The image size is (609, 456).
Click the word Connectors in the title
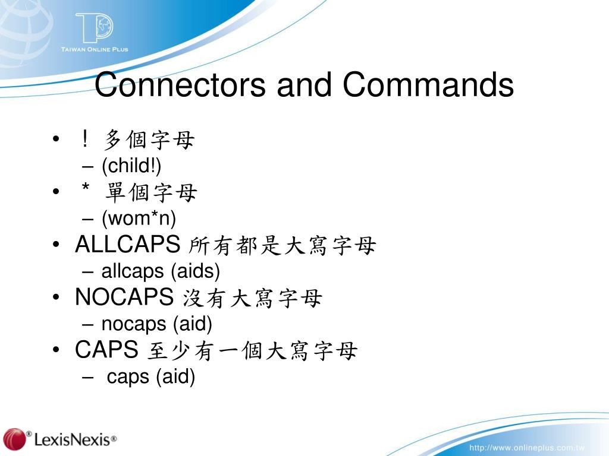pyautogui.click(x=180, y=85)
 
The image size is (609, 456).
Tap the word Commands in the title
pyautogui.click(x=428, y=85)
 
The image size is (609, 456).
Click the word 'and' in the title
pyautogui.click(x=303, y=85)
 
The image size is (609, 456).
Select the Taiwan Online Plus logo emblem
pyautogui.click(x=94, y=27)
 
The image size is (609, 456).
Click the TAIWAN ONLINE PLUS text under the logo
pyautogui.click(x=95, y=49)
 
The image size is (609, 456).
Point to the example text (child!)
pyautogui.click(x=131, y=167)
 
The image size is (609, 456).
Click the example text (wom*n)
pyautogui.click(x=139, y=219)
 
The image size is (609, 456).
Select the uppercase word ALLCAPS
pyautogui.click(x=127, y=245)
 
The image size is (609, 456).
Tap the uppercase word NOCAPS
pyautogui.click(x=124, y=297)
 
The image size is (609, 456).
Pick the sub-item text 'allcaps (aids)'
pyautogui.click(x=161, y=272)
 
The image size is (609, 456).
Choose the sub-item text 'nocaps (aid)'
pyautogui.click(x=157, y=324)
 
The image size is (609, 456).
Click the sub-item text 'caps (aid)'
pyautogui.click(x=151, y=377)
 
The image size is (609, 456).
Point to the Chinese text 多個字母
pyautogui.click(x=149, y=141)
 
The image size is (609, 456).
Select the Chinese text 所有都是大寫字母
pyautogui.click(x=282, y=246)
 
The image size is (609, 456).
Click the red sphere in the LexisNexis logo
pyautogui.click(x=15, y=439)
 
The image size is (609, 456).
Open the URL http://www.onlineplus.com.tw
pyautogui.click(x=527, y=447)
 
